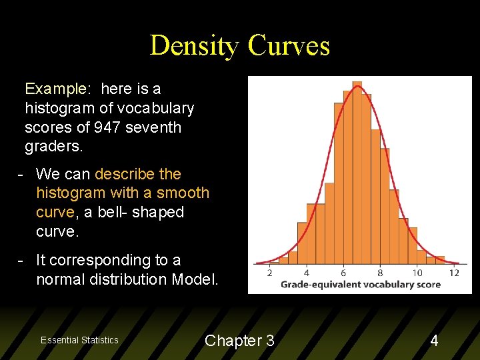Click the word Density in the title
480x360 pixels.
coord(195,45)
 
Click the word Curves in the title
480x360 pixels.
coord(289,45)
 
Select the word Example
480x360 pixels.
coord(55,89)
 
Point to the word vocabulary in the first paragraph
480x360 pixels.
coord(155,108)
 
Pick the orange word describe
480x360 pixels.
coord(125,174)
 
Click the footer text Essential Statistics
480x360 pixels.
coord(79,340)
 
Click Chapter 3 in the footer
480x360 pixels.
coord(239,341)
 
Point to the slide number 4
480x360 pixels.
coord(434,341)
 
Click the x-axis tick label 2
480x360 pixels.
coord(269,272)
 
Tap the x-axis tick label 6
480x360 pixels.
coord(343,272)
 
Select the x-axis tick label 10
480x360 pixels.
coord(417,272)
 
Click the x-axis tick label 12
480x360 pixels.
coord(454,272)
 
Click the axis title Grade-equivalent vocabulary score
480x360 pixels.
coord(361,285)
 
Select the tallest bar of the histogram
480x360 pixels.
coord(357,173)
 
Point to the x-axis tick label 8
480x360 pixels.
coord(380,272)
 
